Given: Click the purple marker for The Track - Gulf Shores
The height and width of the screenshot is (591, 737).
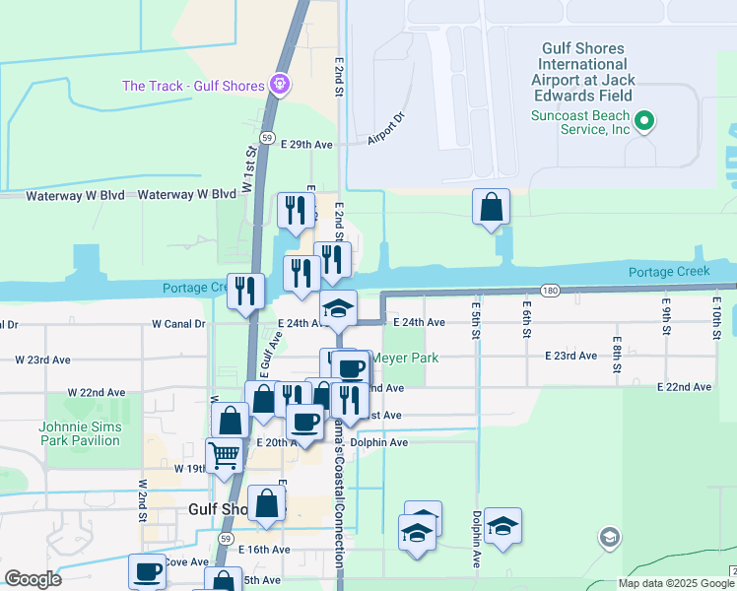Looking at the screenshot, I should [x=280, y=86].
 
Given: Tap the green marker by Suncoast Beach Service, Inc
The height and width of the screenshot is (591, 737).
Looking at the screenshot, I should [x=644, y=122].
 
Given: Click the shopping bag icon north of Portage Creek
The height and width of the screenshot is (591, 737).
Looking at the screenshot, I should [x=491, y=207].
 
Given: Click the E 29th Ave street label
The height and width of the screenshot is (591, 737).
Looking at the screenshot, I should [x=306, y=144].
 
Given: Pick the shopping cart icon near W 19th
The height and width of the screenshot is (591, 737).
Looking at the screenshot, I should [x=225, y=455].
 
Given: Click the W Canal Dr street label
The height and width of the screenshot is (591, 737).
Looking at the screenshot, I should [x=178, y=323].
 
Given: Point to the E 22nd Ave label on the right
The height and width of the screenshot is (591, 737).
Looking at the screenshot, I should [x=684, y=387].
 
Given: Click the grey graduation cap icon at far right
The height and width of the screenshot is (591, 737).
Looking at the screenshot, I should [x=609, y=538].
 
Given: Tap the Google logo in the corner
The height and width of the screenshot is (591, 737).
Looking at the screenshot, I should [x=33, y=579].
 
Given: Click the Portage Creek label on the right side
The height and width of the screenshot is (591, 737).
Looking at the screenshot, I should [x=669, y=271].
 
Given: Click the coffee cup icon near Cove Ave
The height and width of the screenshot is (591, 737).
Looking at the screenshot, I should [x=148, y=570].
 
